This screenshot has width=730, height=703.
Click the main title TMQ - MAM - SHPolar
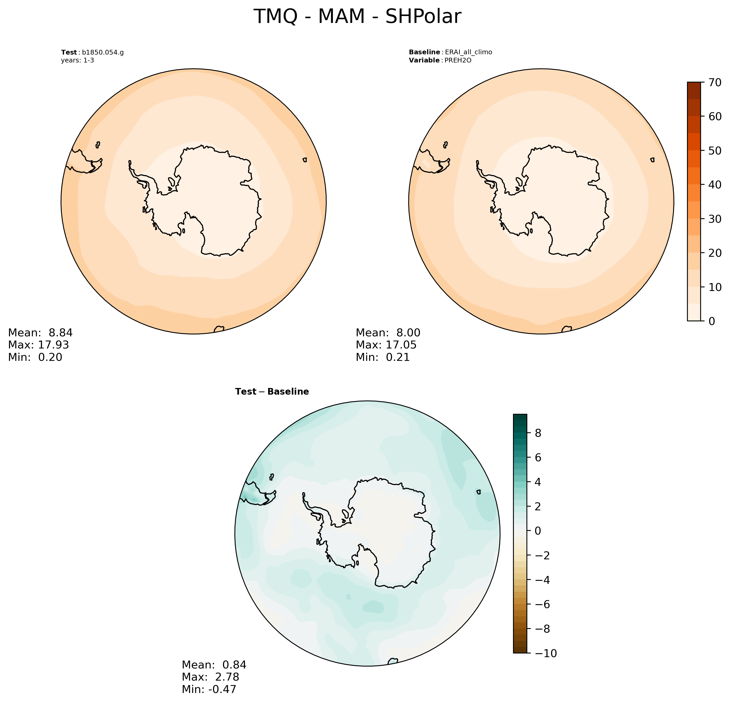point(357,17)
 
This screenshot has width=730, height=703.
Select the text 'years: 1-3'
point(78,60)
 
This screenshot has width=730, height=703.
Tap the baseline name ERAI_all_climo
point(468,52)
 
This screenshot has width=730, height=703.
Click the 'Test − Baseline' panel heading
point(272,392)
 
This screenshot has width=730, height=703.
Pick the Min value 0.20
point(50,357)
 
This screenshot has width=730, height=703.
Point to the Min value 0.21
point(398,357)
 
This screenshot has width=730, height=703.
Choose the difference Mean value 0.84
point(234,665)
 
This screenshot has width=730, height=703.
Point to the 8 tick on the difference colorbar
point(539,433)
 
